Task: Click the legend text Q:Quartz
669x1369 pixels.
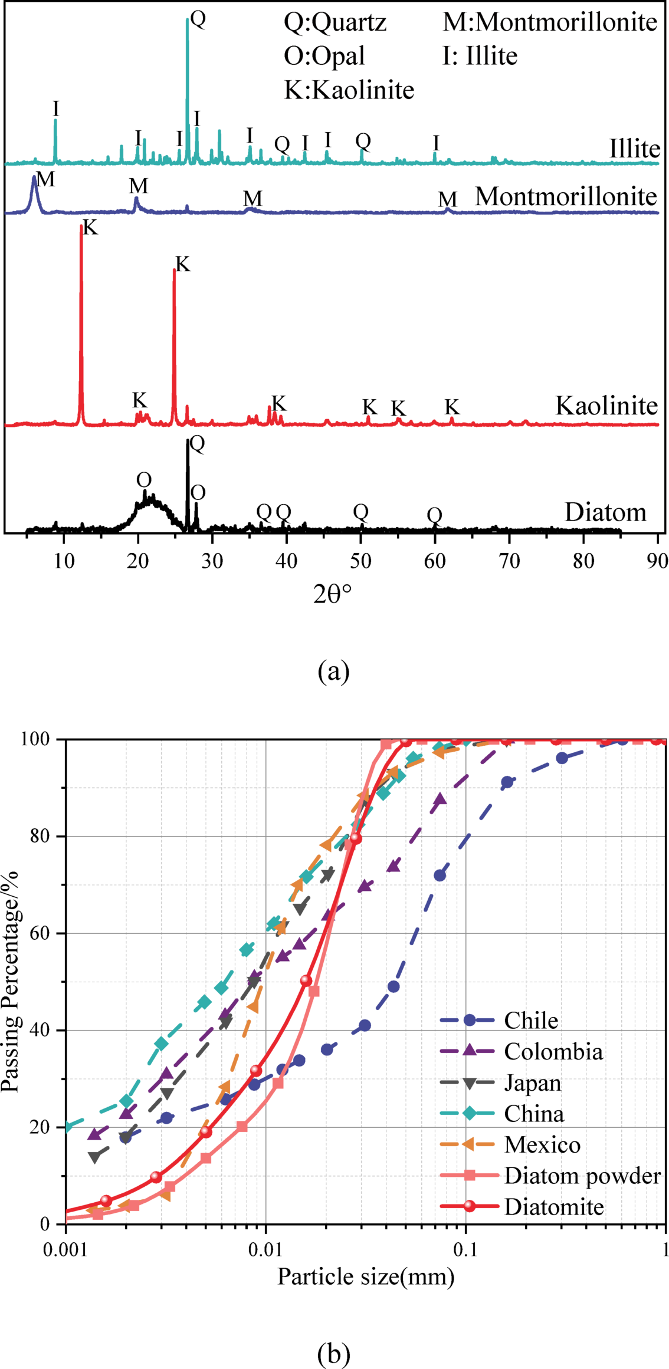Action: [x=335, y=22]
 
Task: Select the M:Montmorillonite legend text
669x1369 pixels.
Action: [x=550, y=22]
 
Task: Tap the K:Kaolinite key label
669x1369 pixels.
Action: [x=349, y=90]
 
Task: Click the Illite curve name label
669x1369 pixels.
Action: [x=634, y=149]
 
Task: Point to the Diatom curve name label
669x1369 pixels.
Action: [x=605, y=512]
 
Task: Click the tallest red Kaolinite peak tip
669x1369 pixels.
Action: [x=81, y=226]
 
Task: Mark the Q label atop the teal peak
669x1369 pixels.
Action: [x=198, y=19]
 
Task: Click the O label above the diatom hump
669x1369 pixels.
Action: [x=144, y=480]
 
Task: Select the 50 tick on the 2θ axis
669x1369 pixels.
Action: [x=360, y=561]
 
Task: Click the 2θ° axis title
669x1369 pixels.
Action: [x=332, y=595]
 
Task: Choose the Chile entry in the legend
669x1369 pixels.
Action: [x=531, y=1020]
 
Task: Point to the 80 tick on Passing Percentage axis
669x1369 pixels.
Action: [x=42, y=836]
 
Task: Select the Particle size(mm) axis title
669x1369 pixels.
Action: [x=366, y=1277]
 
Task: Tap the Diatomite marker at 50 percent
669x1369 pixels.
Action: [x=306, y=980]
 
